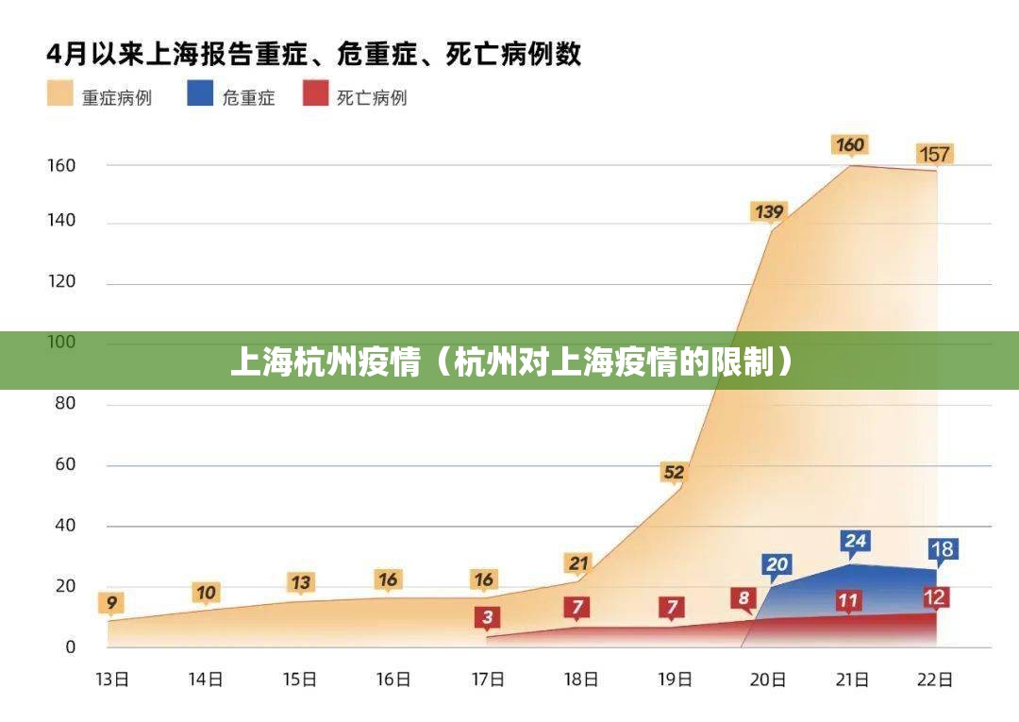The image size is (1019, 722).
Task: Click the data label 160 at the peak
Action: (849, 144)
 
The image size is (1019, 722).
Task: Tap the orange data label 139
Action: (768, 211)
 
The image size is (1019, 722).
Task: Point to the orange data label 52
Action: (674, 472)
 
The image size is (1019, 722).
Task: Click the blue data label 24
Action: (855, 541)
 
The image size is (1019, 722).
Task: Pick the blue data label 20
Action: (777, 564)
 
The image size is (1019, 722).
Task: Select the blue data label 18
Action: (942, 548)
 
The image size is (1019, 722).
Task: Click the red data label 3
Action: (487, 617)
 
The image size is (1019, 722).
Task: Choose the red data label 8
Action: (743, 597)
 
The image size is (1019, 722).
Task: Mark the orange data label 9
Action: (112, 601)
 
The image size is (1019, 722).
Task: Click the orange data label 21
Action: (578, 563)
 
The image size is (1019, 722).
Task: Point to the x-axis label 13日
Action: (113, 679)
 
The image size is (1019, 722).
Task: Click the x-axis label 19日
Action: (675, 679)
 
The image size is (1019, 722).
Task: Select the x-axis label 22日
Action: (935, 679)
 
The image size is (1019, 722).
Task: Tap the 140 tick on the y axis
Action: (62, 222)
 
